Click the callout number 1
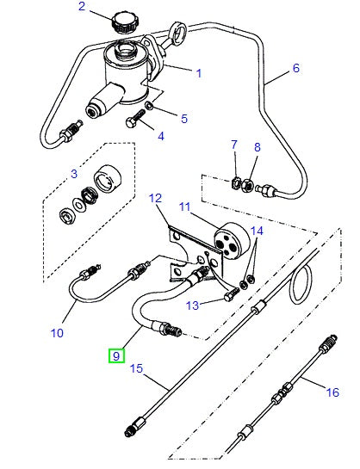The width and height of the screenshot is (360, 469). pos(198,74)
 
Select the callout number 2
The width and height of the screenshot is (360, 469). pos(83,8)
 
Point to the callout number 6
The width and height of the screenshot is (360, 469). pos(295,68)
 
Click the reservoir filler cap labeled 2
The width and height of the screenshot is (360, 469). pos(121,21)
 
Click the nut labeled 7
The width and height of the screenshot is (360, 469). pos(235,182)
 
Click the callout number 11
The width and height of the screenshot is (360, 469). pos(183,207)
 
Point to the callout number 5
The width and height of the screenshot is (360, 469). pos(183,117)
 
